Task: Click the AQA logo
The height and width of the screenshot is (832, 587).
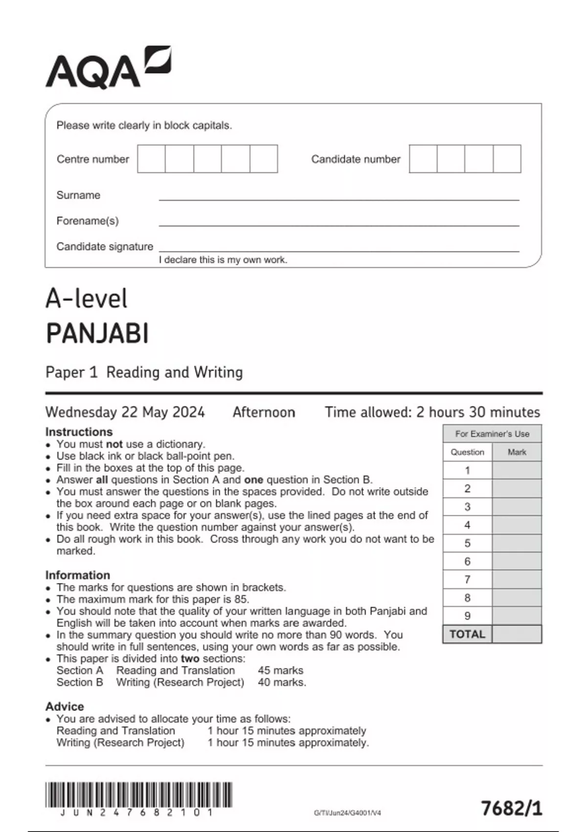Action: coord(108,69)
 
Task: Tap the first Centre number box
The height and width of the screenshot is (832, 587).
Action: coord(151,159)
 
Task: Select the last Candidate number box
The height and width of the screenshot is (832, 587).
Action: coord(507,159)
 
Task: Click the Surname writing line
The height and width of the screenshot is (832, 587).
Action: coord(339,196)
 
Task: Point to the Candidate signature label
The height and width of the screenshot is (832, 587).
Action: coord(105,246)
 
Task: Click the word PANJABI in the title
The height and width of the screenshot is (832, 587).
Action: coord(97,334)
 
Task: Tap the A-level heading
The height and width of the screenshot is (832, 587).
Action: coord(87,299)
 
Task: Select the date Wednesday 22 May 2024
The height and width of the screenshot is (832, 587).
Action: coord(125,412)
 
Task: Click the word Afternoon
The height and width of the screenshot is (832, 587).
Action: coord(264,412)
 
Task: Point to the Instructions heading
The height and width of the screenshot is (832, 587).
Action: coord(79,432)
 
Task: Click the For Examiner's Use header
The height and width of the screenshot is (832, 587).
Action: coord(492,434)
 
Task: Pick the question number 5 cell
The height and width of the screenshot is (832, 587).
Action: coord(467,543)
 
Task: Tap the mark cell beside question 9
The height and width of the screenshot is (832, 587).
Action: coord(517,616)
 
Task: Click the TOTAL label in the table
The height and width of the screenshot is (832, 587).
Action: coord(467,634)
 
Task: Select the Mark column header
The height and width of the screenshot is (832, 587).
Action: coord(517,452)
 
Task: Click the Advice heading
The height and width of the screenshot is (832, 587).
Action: coord(65,706)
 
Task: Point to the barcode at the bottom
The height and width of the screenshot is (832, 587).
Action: coord(138,795)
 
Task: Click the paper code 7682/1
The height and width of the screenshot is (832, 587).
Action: coord(512,808)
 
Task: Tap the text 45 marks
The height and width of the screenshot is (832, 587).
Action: coord(280,670)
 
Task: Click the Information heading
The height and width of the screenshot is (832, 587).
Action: coord(77,575)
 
